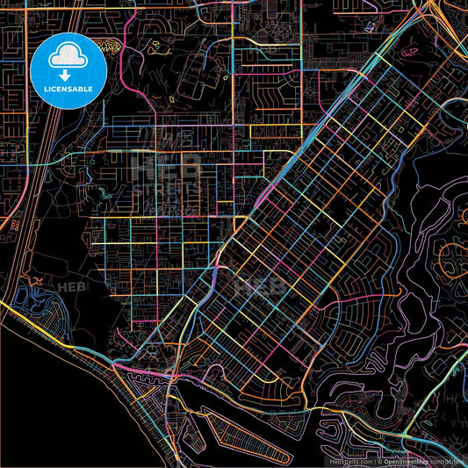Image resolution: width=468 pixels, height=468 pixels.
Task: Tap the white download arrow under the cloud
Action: (68, 64)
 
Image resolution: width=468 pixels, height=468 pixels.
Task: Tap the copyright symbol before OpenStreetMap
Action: (378, 460)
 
